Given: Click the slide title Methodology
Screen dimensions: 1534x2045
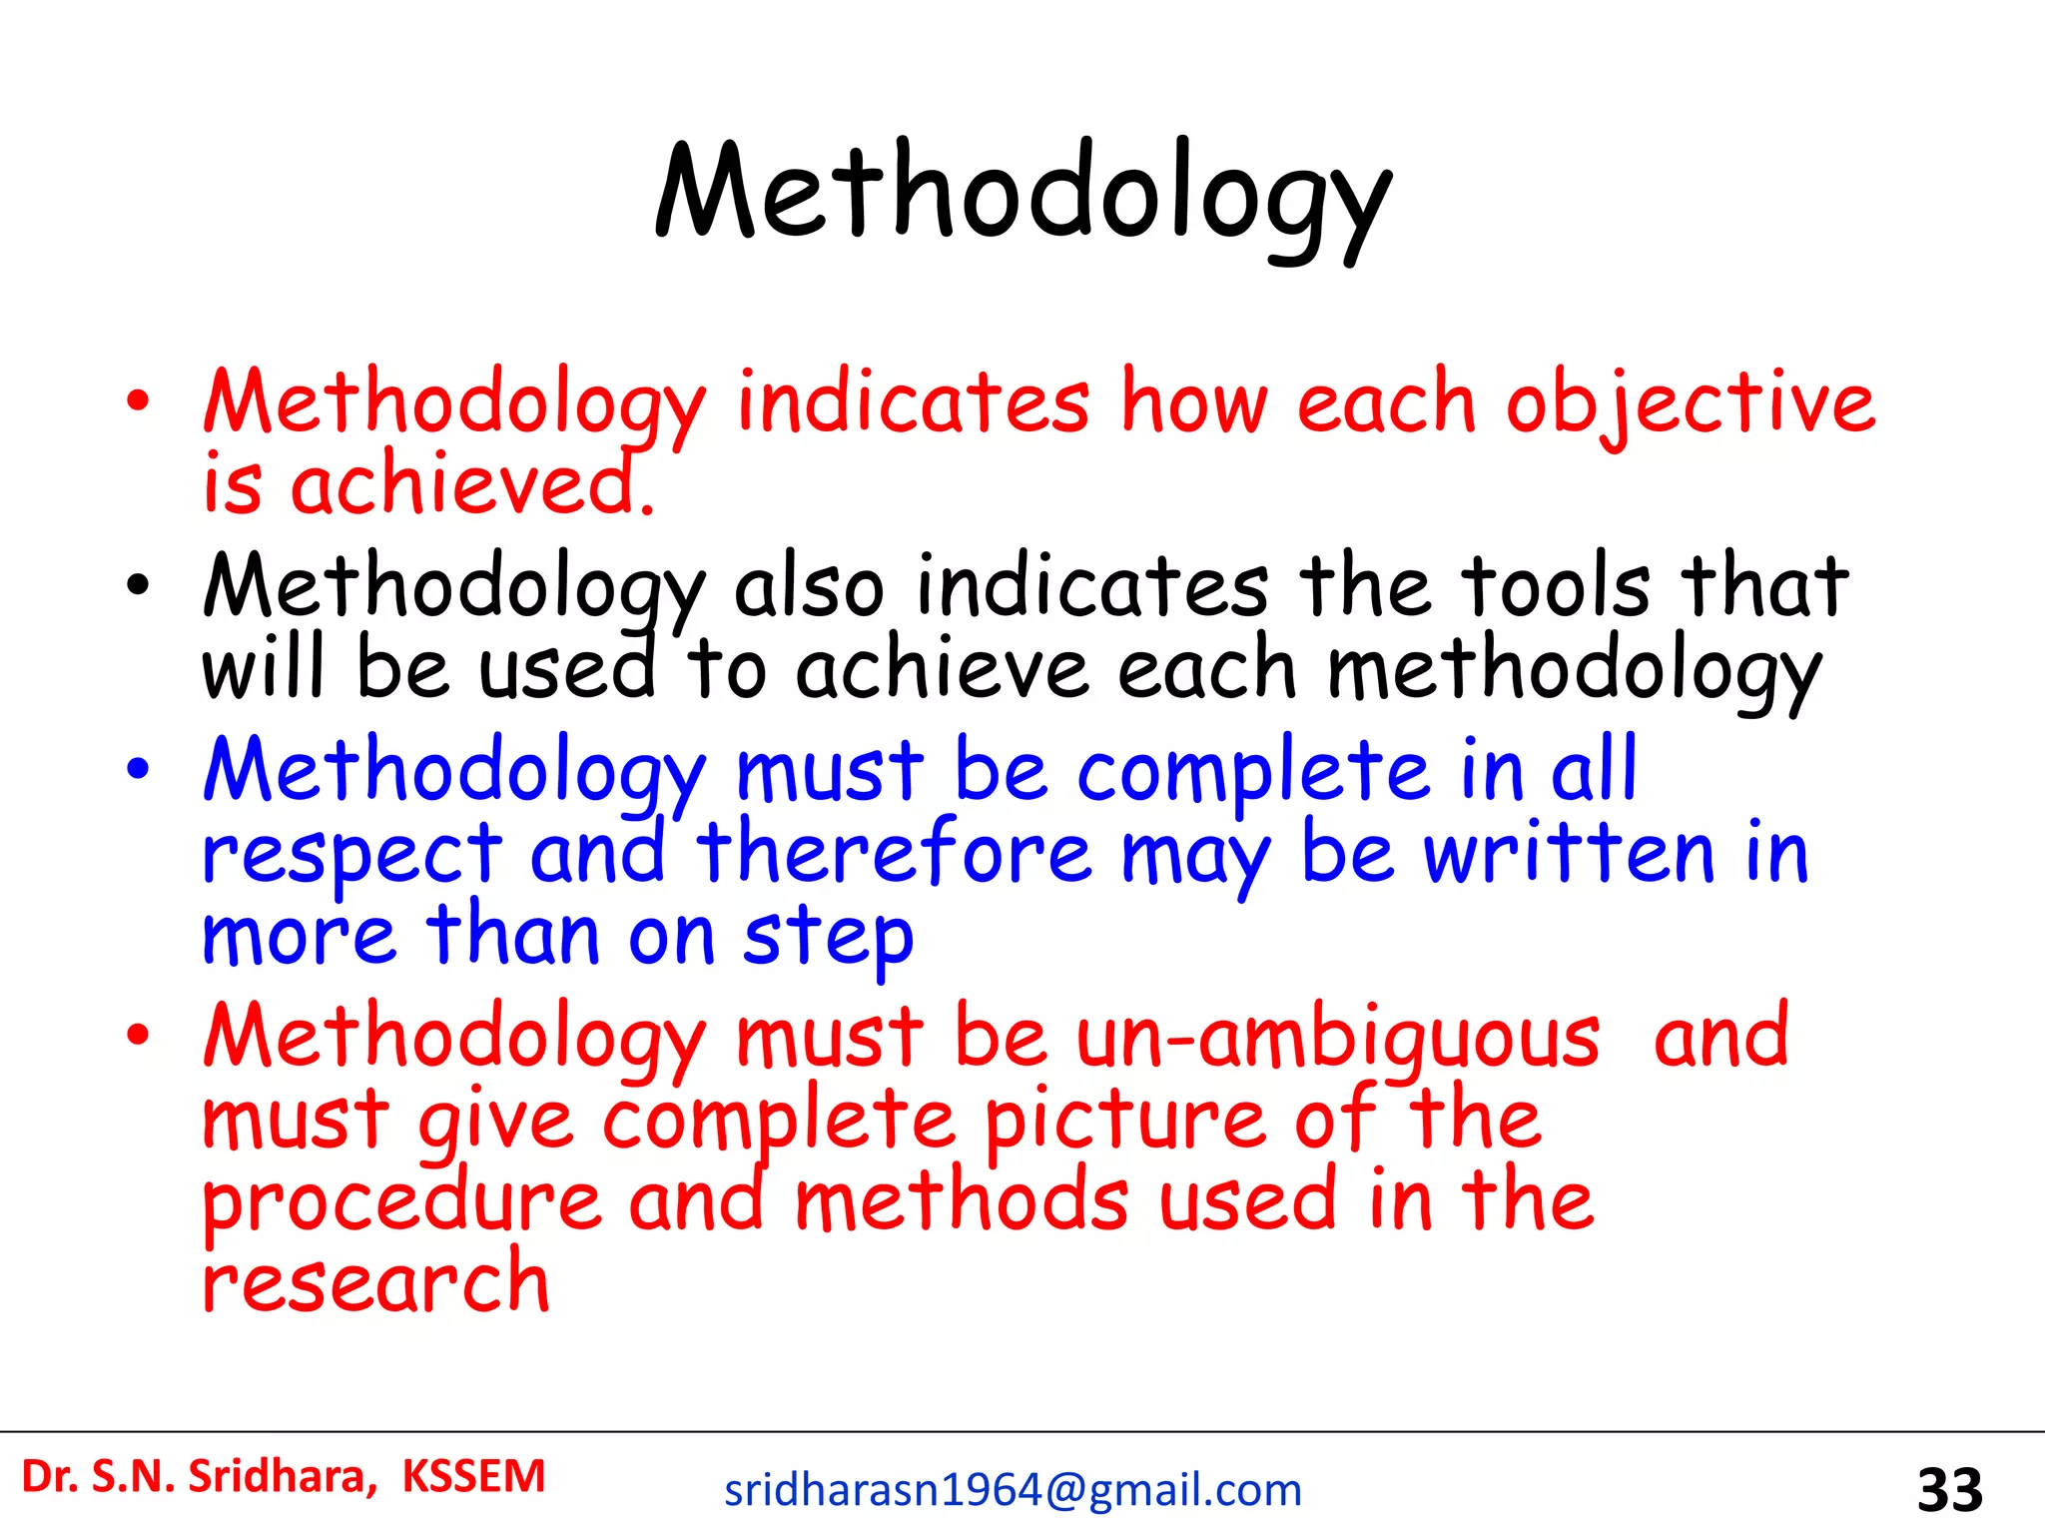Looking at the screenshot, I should (1022, 195).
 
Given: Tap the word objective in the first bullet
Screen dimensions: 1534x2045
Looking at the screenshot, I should (1690, 403).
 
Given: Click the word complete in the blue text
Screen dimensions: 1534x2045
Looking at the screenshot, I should (1253, 771).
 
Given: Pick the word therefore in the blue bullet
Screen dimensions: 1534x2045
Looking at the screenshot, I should (894, 854).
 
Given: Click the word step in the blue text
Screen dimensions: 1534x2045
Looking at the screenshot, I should (828, 939).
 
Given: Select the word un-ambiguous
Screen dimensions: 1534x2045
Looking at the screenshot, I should (1338, 1039).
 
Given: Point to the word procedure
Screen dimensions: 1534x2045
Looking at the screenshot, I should (401, 1204).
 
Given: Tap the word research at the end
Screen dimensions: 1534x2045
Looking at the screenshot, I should (375, 1284).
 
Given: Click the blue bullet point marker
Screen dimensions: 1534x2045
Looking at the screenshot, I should (138, 769).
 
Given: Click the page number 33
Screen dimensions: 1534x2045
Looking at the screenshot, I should (1949, 1491).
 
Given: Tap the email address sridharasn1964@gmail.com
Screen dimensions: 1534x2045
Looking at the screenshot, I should (1013, 1490).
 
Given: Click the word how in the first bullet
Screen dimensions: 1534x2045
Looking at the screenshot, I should (1193, 403).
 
